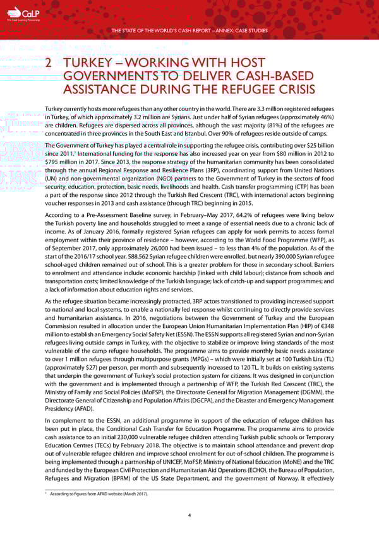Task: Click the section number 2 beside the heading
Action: [x=50, y=65]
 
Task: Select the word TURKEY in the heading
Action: [x=89, y=65]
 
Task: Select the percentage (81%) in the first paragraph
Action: [x=265, y=124]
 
